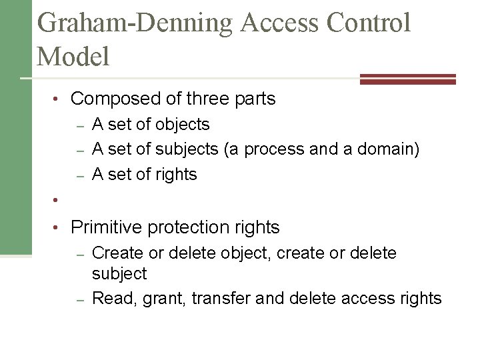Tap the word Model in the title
click(x=74, y=56)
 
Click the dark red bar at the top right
click(x=407, y=79)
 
